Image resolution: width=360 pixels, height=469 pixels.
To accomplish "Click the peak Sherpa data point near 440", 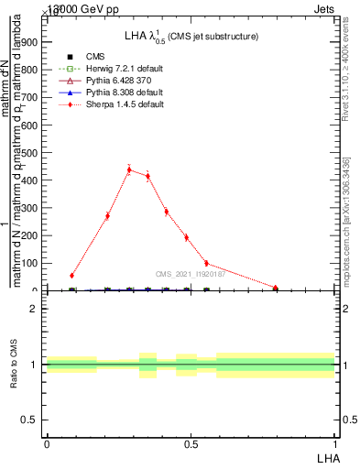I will click(x=129, y=169).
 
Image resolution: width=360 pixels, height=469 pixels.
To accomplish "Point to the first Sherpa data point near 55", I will click(x=71, y=275).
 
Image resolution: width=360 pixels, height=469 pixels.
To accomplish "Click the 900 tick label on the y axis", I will click(x=30, y=41).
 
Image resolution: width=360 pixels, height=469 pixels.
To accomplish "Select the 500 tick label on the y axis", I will click(x=30, y=152).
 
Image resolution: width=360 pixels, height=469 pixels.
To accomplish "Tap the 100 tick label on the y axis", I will click(x=30, y=263).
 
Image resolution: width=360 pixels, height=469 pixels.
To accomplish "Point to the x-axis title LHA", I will click(x=325, y=457).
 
